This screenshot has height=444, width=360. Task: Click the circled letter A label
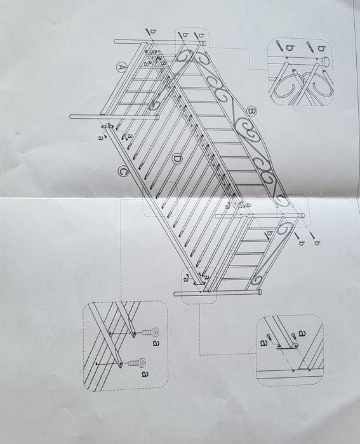tap(120, 65)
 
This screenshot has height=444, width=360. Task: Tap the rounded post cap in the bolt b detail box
tap(325, 62)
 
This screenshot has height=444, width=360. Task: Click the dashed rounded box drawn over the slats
tap(162, 197)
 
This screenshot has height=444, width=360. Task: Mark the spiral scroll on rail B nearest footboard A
tap(185, 58)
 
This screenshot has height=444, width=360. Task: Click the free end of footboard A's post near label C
tap(72, 116)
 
